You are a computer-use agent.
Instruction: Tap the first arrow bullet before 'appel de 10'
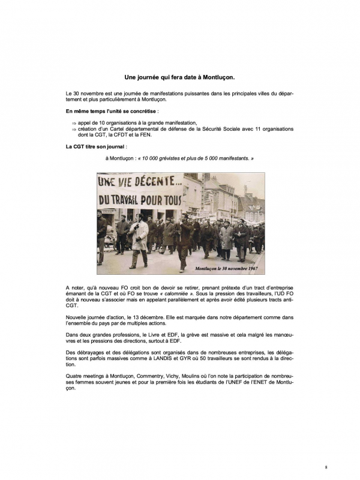pos(74,122)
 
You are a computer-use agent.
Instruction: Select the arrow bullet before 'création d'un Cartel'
pos(74,128)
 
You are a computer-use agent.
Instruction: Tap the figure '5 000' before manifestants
pos(212,158)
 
